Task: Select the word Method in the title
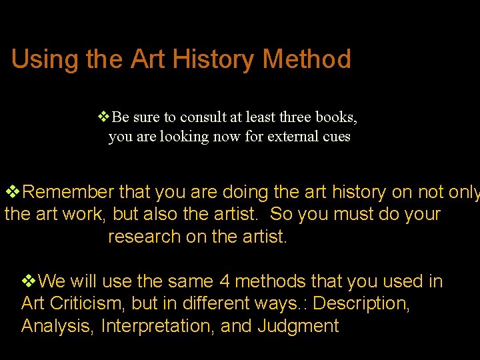point(307,59)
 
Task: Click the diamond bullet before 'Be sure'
point(104,117)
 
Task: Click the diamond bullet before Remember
point(13,193)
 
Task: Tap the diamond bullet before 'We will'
point(30,281)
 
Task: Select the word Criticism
point(85,304)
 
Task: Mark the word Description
point(361,304)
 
